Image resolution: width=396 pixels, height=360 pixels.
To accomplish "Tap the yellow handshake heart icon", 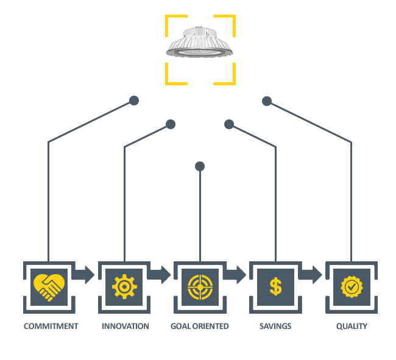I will [49, 286].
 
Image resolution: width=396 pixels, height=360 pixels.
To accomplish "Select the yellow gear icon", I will [124, 286].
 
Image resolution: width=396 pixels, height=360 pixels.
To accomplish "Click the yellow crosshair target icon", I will [200, 286].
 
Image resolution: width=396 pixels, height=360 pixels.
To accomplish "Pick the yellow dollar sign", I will [275, 286].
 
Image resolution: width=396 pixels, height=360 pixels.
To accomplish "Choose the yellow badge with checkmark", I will [352, 286].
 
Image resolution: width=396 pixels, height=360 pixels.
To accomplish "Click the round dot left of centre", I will [134, 101].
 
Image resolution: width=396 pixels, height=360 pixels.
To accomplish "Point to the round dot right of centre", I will [266, 101].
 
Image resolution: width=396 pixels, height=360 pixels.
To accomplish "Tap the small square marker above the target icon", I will [200, 166].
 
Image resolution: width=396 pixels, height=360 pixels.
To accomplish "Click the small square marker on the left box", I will [171, 124].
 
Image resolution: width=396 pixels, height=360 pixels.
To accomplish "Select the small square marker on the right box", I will [229, 124].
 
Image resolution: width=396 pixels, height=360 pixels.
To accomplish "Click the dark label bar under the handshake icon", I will [51, 326].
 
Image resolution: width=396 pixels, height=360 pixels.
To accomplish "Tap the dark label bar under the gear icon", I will [126, 326].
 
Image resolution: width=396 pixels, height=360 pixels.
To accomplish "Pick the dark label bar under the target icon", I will [199, 326].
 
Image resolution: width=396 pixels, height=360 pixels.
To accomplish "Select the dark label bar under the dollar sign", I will [275, 326].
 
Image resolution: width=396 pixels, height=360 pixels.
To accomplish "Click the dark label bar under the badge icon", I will [352, 326].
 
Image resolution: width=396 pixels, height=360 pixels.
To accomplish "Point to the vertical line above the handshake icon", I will [48, 201].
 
